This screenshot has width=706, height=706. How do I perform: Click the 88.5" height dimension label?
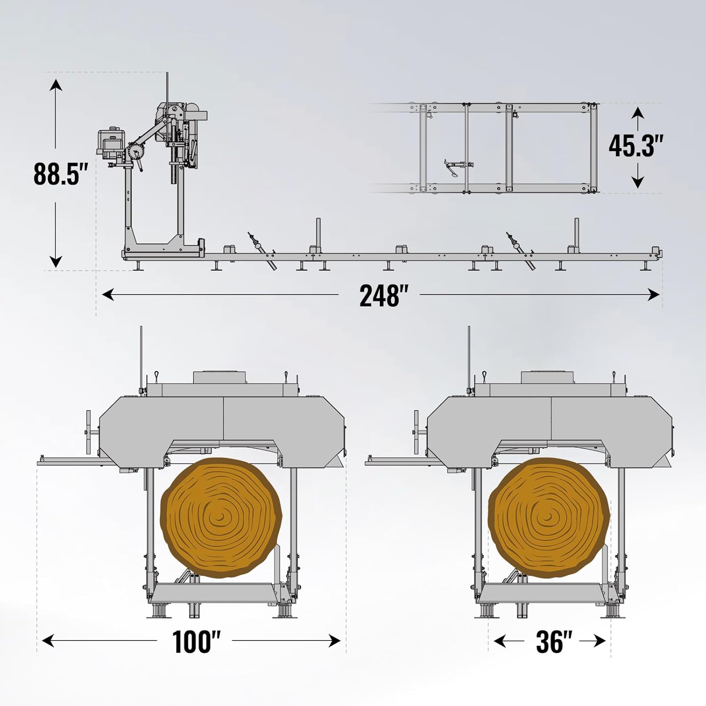61,174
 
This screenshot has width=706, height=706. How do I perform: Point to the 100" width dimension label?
196,641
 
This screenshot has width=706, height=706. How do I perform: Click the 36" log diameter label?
554,641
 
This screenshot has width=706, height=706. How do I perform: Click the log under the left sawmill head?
221,518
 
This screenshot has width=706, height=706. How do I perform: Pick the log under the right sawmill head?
549,518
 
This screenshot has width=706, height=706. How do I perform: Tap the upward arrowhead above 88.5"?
56,85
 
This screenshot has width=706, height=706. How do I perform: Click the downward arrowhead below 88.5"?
56,262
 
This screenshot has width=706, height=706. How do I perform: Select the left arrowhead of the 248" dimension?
108,295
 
